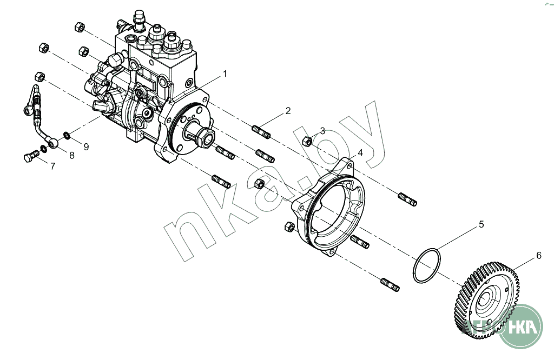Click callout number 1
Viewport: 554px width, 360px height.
click(225, 74)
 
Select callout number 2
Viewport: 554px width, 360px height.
click(288, 111)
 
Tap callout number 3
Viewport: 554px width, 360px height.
click(322, 131)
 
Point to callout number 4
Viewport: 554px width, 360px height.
click(360, 153)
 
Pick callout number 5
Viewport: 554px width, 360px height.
click(481, 223)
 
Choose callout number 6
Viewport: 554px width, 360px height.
click(538, 256)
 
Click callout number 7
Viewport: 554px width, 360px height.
click(52, 166)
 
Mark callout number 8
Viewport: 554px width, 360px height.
click(70, 155)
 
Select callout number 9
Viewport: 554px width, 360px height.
click(85, 146)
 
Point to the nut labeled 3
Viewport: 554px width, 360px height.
click(306, 142)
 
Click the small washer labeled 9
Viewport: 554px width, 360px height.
click(65, 135)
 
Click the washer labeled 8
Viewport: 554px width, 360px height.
click(44, 148)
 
